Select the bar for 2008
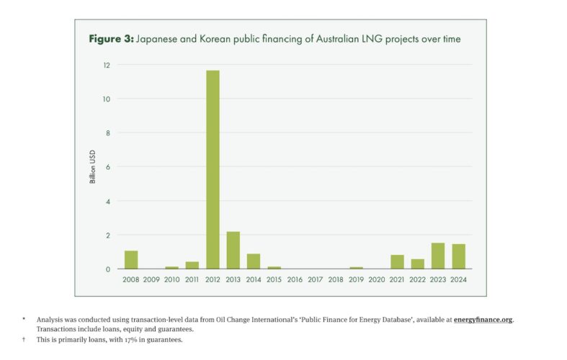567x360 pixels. pyautogui.click(x=131, y=260)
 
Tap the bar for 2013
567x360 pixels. pyautogui.click(x=233, y=251)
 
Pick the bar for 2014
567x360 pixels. pyautogui.click(x=254, y=261)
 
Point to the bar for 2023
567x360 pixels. pyautogui.click(x=438, y=256)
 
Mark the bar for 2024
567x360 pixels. pyautogui.click(x=459, y=256)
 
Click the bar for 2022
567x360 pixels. pyautogui.click(x=418, y=264)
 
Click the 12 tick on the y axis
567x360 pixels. pyautogui.click(x=107, y=65)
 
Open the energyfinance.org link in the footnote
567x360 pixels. pyautogui.click(x=483, y=318)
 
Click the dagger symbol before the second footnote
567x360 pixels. pyautogui.click(x=24, y=339)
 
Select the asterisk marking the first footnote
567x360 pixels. pyautogui.click(x=24, y=318)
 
